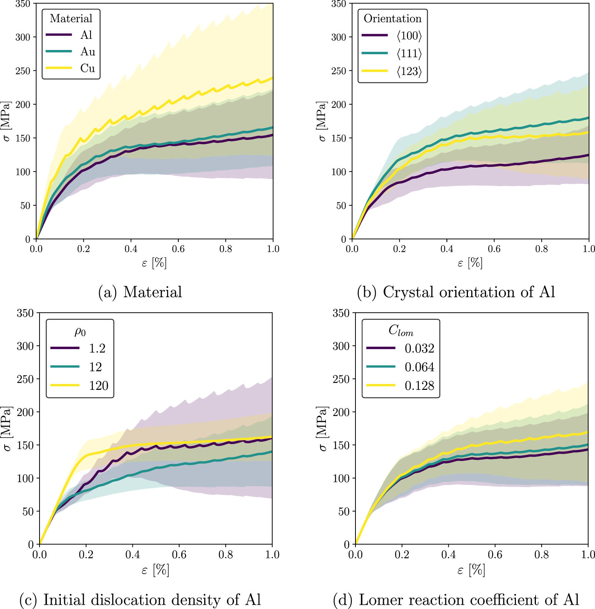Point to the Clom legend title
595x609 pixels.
[x=400, y=330]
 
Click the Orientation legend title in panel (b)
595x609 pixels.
[x=392, y=18]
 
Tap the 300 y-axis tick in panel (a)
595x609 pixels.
[x=23, y=37]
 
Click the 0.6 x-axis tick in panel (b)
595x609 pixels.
[x=494, y=249]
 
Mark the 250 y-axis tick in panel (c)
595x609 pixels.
[x=25, y=379]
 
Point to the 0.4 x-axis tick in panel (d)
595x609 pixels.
[x=448, y=555]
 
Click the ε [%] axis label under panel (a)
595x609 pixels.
[x=154, y=263]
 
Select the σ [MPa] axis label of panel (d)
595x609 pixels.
[x=322, y=428]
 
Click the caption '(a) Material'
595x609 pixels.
[x=140, y=292]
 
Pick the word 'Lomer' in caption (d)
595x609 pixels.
[x=380, y=600]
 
